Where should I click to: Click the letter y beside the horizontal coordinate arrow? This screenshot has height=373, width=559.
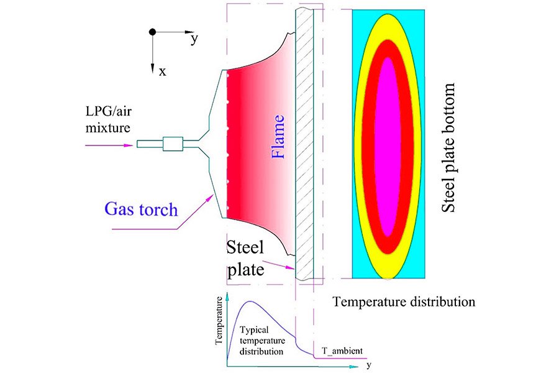[194, 39]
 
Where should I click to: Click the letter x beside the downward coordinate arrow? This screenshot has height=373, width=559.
[162, 71]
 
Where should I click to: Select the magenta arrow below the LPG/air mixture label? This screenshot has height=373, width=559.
[112, 145]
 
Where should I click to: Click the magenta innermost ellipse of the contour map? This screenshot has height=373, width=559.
[388, 146]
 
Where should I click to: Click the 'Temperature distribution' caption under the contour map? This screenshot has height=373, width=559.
[404, 303]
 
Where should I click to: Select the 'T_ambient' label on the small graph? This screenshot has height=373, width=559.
[342, 352]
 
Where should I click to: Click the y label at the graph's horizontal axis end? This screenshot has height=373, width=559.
[368, 365]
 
